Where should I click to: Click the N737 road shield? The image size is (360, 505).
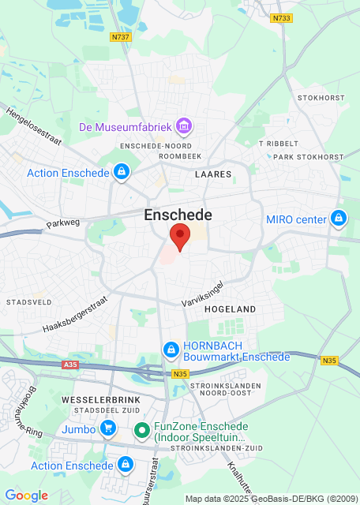point(120,36)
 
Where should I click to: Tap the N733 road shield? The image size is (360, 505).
point(280,19)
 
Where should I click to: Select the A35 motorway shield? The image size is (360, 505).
point(69,365)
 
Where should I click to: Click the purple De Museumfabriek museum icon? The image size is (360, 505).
point(185,126)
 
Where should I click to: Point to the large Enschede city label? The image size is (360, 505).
point(178,215)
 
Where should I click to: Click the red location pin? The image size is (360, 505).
point(181,237)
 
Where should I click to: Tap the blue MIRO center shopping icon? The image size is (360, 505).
point(338,218)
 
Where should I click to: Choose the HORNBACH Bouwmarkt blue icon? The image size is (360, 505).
point(170,349)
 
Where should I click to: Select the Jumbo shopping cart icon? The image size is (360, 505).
point(109,429)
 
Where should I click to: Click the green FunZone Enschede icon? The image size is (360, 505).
point(141,430)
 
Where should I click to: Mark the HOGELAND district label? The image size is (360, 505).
point(231,310)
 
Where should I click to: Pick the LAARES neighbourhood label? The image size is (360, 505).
point(213,174)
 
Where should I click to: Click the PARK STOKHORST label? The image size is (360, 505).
point(309,157)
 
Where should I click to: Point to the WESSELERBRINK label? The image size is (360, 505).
point(89,401)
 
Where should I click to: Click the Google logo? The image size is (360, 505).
point(26,496)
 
